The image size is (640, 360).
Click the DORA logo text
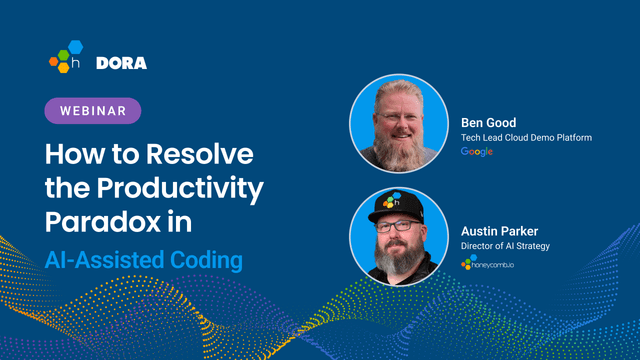(121, 63)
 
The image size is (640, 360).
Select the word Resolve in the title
(200, 156)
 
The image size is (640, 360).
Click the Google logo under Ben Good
(477, 152)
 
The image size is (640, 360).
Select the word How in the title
(73, 156)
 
